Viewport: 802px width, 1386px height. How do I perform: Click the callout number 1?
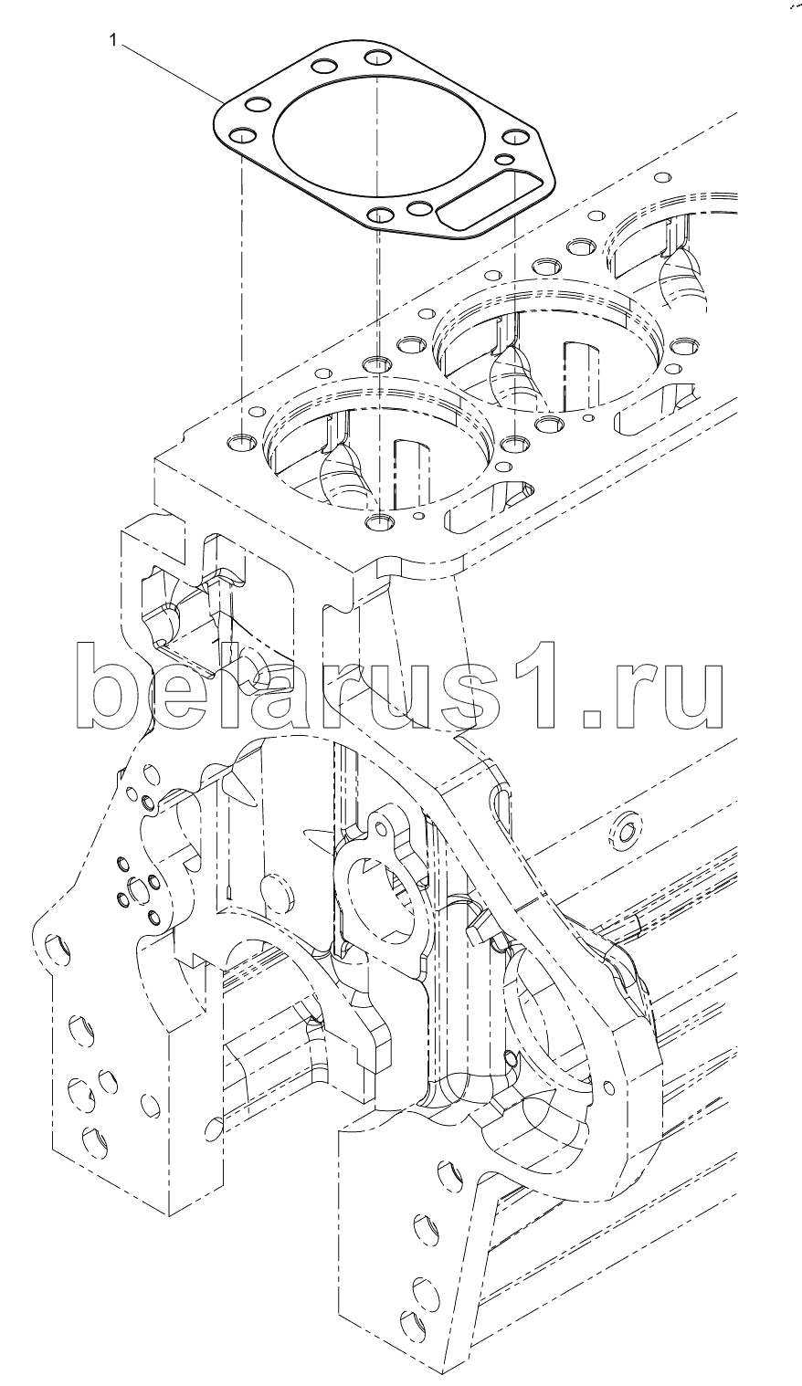(112, 41)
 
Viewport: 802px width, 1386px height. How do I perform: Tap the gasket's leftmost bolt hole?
(241, 136)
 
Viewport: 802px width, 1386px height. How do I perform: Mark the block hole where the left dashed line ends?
(241, 443)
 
